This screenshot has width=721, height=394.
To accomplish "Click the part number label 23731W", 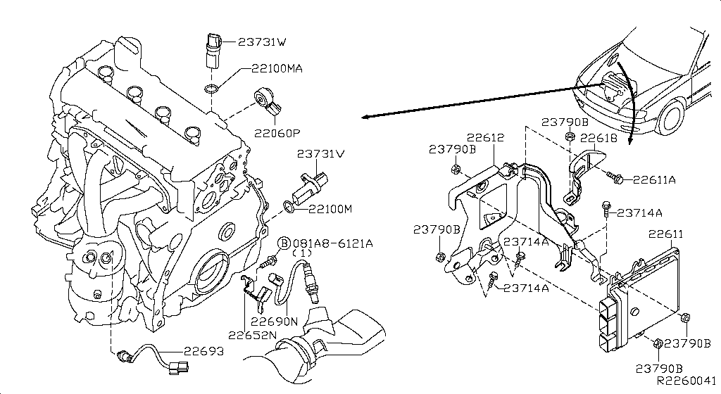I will coord(262,42).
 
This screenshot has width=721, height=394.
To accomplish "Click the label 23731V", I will coord(320,153).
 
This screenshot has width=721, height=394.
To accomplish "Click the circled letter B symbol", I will coord(284,243).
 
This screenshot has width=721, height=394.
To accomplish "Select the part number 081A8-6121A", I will coord(333,243).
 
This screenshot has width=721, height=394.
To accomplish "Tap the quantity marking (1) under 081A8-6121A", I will coord(303,253).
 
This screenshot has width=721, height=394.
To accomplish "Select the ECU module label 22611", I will coord(665,234).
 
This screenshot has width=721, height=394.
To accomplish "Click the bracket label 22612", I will coord(485,138).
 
